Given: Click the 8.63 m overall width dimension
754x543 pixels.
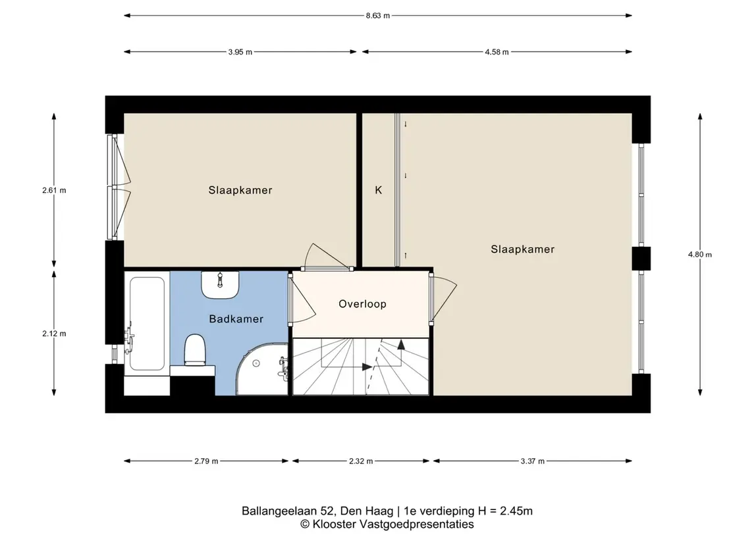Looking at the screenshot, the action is click(x=377, y=15).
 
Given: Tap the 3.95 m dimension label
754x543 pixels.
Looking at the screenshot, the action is click(x=240, y=52).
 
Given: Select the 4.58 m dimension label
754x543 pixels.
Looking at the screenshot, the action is click(x=497, y=52).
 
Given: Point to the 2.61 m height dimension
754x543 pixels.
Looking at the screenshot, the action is click(x=54, y=190).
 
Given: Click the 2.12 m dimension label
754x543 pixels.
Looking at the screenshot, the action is click(x=54, y=334).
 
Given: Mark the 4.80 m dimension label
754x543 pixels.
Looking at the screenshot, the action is click(x=699, y=254).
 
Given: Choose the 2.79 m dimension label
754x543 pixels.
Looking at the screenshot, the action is click(x=206, y=461).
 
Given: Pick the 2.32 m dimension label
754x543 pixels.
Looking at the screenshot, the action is click(x=361, y=461).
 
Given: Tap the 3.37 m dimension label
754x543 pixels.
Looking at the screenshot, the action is click(x=532, y=461).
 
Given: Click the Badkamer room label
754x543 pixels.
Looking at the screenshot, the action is click(x=236, y=319).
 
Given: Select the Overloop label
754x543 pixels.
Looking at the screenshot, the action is click(x=363, y=303).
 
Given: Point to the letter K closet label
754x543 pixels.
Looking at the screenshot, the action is click(x=379, y=190).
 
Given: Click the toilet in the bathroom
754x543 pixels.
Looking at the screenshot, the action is click(x=195, y=350).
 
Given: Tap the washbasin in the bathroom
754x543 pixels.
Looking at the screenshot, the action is click(x=220, y=284).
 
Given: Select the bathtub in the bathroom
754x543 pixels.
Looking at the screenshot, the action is click(x=147, y=323).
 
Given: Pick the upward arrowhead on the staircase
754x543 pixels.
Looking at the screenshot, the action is click(x=400, y=344).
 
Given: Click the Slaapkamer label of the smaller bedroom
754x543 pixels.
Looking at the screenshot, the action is click(x=240, y=190).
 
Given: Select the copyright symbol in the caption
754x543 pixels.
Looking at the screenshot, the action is click(x=305, y=525).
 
